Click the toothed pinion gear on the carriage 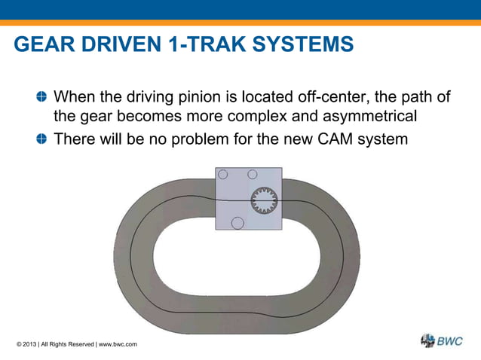(x=264, y=201)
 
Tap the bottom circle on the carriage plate (x=237, y=223)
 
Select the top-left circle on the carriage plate (x=222, y=174)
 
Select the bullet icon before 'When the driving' (x=41, y=97)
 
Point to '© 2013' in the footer (x=26, y=344)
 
